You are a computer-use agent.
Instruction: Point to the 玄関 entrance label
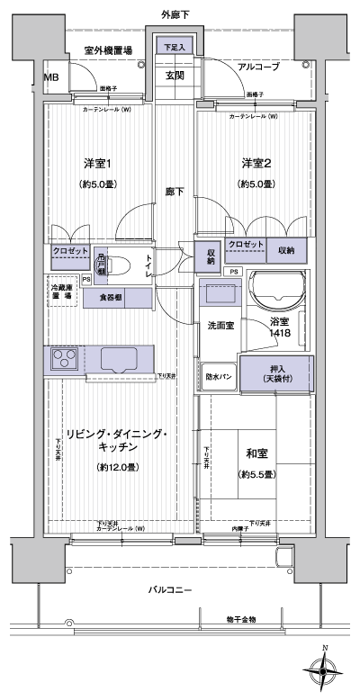tap(175, 76)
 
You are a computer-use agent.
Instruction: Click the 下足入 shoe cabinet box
tap(175, 46)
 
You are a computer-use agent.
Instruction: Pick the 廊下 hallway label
tap(174, 192)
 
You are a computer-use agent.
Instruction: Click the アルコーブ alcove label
tap(258, 67)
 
